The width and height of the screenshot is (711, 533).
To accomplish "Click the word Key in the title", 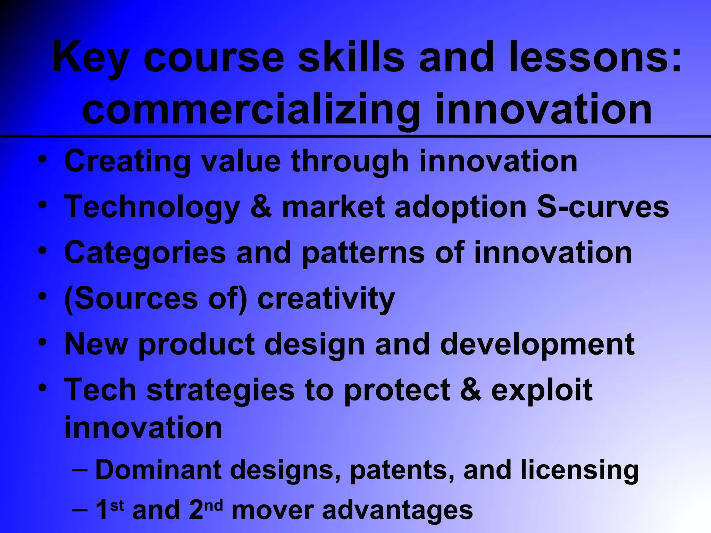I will [x=91, y=58].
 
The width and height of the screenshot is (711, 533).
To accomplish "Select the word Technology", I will [x=152, y=208].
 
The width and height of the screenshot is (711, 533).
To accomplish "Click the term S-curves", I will [x=603, y=207].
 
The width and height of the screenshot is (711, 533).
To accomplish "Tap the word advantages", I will [x=398, y=510].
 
